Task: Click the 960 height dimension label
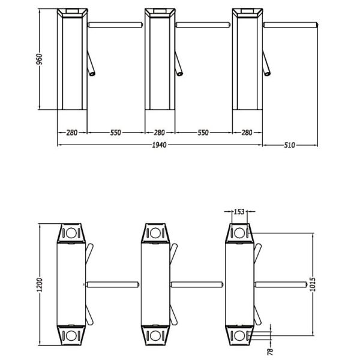(x=39, y=59)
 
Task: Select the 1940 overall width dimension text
(x=160, y=145)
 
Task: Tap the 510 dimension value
(x=290, y=145)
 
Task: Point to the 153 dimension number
(x=239, y=211)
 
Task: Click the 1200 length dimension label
(x=40, y=285)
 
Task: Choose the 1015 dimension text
(x=313, y=284)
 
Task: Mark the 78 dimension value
(x=271, y=351)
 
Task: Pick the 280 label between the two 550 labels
(x=159, y=133)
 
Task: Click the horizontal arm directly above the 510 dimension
(x=290, y=25)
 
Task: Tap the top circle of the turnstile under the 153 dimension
(x=239, y=233)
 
